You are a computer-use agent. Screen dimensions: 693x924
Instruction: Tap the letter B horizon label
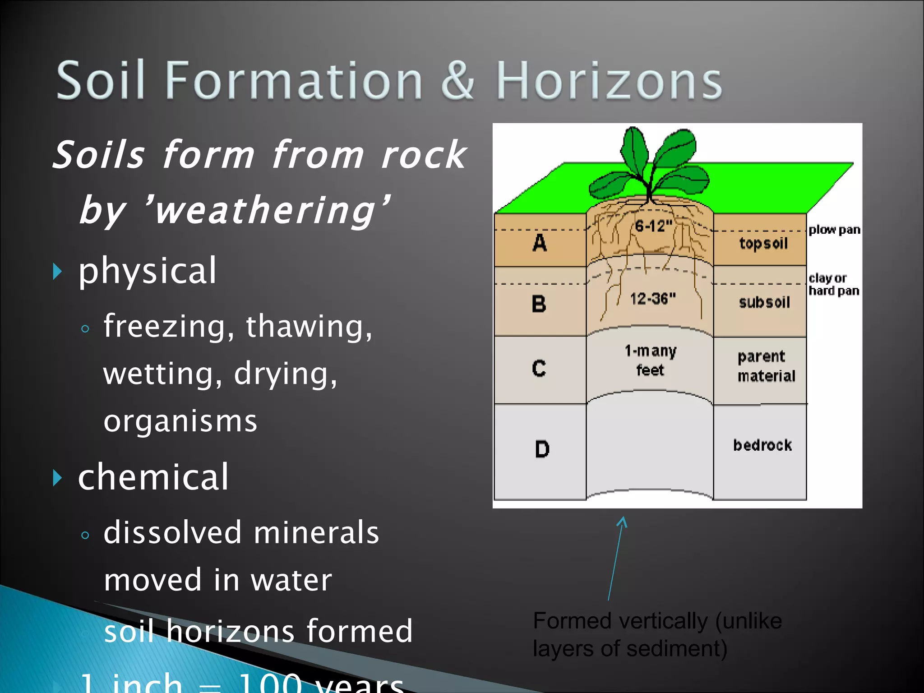point(539,304)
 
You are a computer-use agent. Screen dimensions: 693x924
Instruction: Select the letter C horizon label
point(539,368)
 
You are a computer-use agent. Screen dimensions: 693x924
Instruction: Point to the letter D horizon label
point(542,449)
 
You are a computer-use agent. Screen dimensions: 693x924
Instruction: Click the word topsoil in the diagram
point(763,244)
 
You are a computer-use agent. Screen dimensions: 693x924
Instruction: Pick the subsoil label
point(764,302)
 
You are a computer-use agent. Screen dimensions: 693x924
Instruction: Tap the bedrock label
point(762,445)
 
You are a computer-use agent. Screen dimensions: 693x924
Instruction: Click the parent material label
point(766,366)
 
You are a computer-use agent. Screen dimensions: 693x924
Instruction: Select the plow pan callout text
point(834,230)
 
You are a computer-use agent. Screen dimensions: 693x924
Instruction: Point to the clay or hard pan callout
point(833,284)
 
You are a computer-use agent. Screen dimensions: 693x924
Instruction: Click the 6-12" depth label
point(653,226)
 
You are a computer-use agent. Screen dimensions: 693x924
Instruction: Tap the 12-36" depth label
point(653,298)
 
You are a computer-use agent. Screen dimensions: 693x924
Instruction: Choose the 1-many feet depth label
point(650,360)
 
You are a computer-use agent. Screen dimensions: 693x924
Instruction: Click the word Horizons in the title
point(609,81)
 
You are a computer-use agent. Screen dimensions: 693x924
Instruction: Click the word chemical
point(153,477)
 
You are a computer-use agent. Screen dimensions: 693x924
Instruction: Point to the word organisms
point(180,421)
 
